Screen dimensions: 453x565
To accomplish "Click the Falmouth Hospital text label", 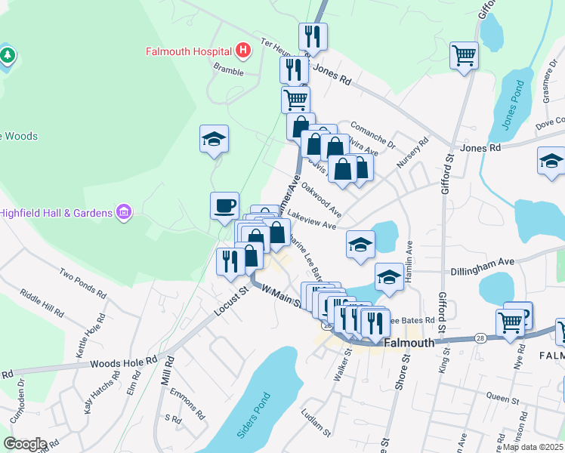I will pos(188,51).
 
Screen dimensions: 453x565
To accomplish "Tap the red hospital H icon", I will pos(242,51).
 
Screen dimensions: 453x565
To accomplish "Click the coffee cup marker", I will pos(224,206).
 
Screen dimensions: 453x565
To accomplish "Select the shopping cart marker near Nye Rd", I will pos(511,322).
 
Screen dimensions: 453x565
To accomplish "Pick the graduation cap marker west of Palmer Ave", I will pos(215,139).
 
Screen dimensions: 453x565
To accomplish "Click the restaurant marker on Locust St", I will pos(228,261).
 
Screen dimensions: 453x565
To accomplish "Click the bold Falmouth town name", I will pos(409,342).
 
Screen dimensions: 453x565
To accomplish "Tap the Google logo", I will pos(25,444).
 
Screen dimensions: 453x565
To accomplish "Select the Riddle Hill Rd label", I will pos(42,302).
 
